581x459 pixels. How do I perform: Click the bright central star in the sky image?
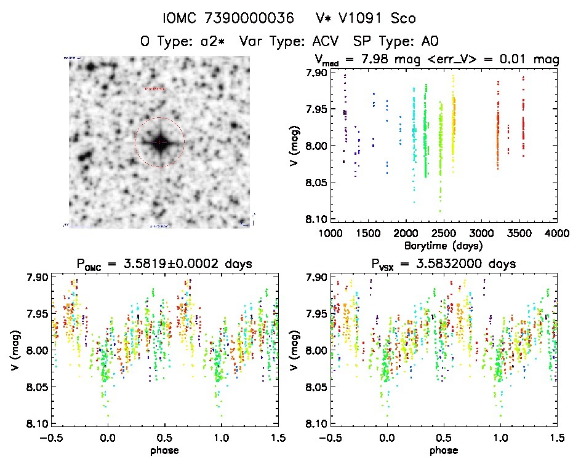[x=159, y=143]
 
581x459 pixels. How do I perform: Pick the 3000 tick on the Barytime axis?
[x=481, y=233]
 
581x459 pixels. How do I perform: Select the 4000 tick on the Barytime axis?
[x=556, y=233]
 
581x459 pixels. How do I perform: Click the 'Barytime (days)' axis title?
[x=444, y=245]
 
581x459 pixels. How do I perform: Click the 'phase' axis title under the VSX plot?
[x=443, y=449]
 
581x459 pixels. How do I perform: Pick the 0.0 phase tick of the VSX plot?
[x=387, y=437]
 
